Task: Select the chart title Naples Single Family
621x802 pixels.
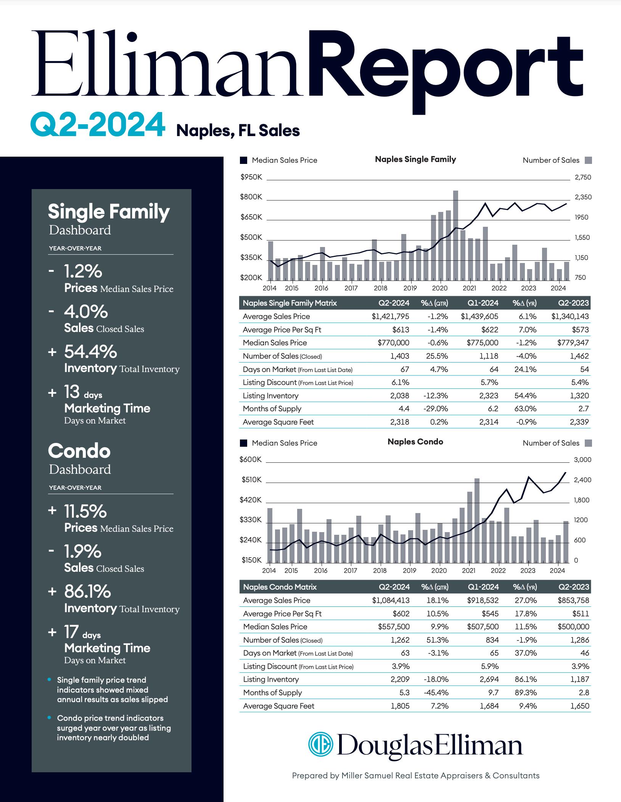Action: pos(415,159)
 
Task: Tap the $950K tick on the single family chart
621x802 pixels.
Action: pos(251,177)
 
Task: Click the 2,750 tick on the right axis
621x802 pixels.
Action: pos(583,177)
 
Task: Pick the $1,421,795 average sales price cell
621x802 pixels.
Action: pos(390,316)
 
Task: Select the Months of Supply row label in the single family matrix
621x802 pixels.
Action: pos(272,409)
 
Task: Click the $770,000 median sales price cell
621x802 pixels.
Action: pos(393,343)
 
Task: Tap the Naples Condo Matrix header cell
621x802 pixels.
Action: pos(280,587)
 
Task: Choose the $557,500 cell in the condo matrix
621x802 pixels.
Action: pos(394,627)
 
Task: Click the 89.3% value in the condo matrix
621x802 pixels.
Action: pos(526,693)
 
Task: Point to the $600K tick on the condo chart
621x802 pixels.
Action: pos(251,460)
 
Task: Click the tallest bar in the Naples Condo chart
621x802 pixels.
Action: pos(477,520)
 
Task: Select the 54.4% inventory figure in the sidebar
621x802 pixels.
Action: pos(90,352)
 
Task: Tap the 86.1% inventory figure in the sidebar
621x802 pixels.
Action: pos(87,592)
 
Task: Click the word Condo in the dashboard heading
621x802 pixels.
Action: pos(79,451)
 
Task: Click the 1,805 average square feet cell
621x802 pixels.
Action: pos(400,706)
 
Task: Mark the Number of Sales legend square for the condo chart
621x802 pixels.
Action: pos(588,443)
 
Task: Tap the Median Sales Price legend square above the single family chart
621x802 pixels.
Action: pos(243,160)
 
